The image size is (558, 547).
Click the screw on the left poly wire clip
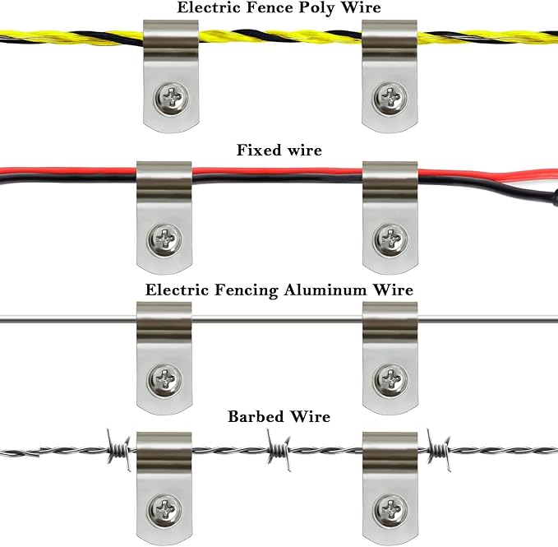[x=173, y=100]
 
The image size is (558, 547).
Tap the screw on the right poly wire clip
[x=389, y=100]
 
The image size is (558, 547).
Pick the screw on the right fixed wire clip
[x=389, y=239]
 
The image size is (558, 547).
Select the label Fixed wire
[x=279, y=150]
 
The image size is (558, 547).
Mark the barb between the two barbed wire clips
[x=279, y=451]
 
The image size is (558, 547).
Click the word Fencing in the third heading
[x=244, y=290]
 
